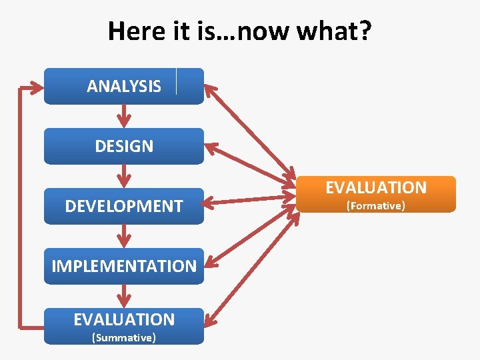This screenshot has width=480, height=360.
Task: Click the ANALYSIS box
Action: pyautogui.click(x=124, y=86)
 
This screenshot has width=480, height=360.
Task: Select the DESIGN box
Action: pyautogui.click(x=124, y=146)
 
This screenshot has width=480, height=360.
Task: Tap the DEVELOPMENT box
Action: pyautogui.click(x=124, y=206)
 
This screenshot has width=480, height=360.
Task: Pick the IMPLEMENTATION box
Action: pyautogui.click(x=124, y=266)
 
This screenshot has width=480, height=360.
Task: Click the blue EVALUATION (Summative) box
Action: pyautogui.click(x=124, y=325)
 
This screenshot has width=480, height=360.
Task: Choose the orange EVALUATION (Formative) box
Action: pyautogui.click(x=376, y=194)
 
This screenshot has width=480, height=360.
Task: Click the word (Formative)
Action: pyautogui.click(x=375, y=206)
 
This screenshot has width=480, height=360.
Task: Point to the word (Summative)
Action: pyautogui.click(x=124, y=338)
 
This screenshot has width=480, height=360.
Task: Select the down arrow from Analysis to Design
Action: pyautogui.click(x=124, y=116)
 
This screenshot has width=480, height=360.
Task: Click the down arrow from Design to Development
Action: pyautogui.click(x=124, y=176)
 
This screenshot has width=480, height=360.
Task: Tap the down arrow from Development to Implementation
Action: pyautogui.click(x=124, y=236)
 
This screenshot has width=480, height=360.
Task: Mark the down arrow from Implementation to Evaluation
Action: pyautogui.click(x=124, y=296)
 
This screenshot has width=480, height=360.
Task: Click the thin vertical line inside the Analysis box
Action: pyautogui.click(x=177, y=81)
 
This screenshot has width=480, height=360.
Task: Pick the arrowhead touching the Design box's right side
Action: pyautogui.click(x=212, y=146)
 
